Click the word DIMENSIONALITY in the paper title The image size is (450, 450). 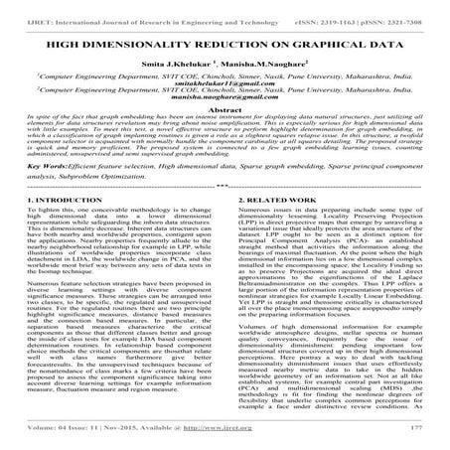[x=157, y=46]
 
